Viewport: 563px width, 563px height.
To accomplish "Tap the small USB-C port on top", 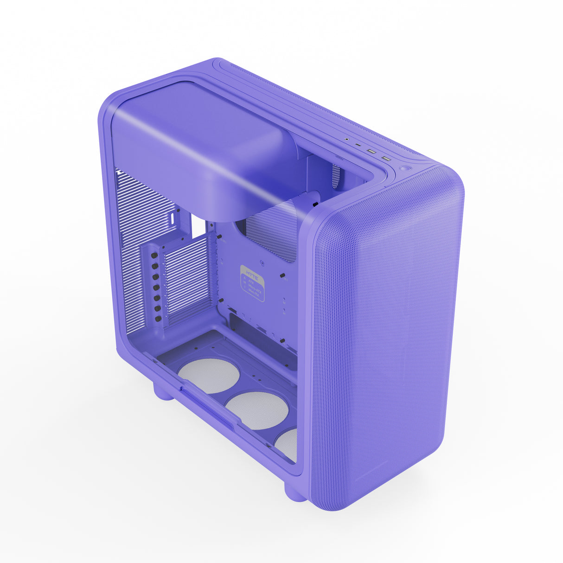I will coord(358,145).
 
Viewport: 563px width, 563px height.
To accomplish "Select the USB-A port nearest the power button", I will coord(386,159).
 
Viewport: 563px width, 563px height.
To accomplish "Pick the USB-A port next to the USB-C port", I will coord(371,151).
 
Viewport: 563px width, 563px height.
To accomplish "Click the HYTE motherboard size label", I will coord(252,283).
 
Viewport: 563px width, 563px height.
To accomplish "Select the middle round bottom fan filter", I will coord(257,409).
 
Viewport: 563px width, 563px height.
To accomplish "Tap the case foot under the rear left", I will coord(163,392).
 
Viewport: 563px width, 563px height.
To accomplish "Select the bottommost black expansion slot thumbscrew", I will coord(159,319).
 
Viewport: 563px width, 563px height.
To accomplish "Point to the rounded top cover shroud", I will coord(204,148).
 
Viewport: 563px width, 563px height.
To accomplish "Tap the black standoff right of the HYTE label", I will coord(282,276).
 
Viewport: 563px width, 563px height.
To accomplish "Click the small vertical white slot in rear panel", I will coord(173,218).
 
